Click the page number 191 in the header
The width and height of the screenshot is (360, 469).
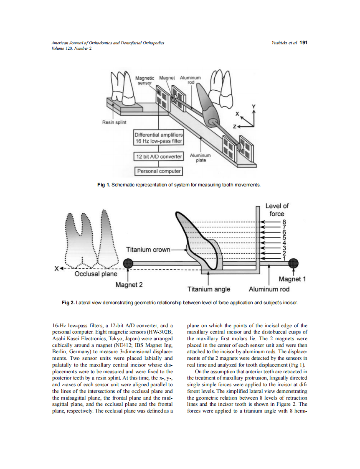(304, 43)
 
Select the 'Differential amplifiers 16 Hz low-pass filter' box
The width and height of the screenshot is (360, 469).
(158, 138)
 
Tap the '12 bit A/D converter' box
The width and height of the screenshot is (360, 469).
(158, 157)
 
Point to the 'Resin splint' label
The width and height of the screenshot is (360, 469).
(114, 122)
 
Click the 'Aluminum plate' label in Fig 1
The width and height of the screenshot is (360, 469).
(200, 158)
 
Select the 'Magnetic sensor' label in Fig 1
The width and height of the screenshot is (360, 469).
(145, 81)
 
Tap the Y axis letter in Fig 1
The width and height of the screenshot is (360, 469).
(253, 107)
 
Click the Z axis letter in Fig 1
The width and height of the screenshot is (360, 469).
(235, 126)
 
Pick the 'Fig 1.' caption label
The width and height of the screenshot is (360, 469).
(104, 184)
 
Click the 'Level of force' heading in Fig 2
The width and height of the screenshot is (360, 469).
(277, 209)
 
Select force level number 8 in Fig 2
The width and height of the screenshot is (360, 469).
(284, 222)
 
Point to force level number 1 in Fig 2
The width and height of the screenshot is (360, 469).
(284, 258)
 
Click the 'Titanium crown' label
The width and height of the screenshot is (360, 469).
(148, 250)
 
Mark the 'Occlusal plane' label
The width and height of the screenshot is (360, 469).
(96, 274)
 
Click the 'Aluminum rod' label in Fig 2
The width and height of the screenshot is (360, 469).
(269, 289)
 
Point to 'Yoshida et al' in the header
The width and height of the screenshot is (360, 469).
(284, 43)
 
